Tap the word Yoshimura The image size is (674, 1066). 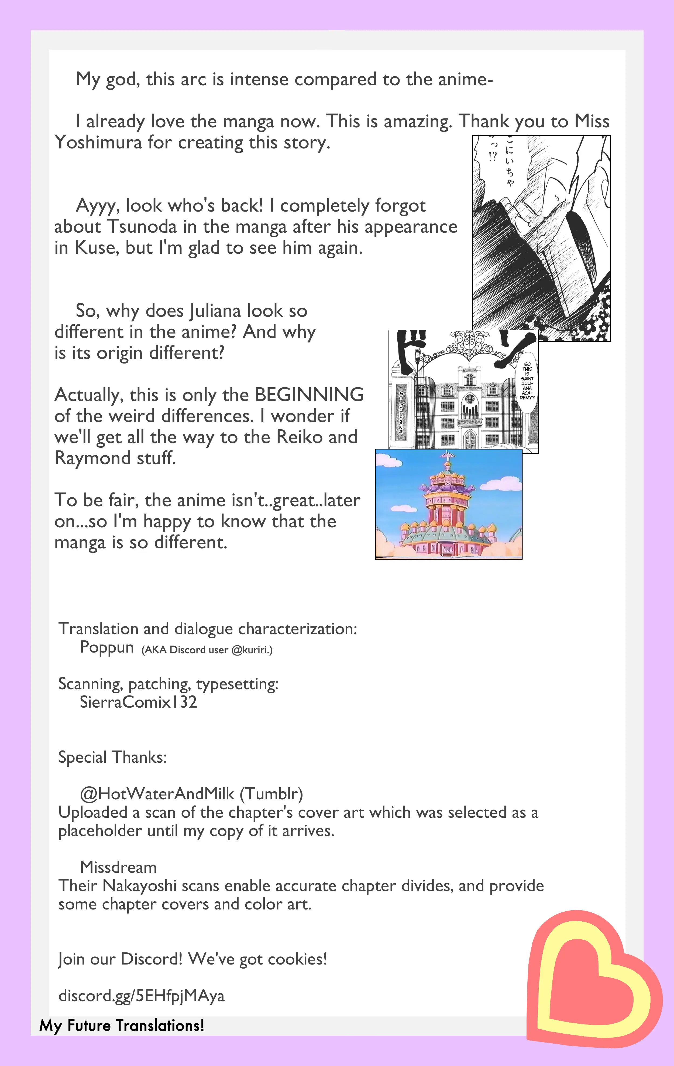tap(98, 142)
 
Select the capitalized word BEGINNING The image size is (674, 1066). tap(309, 395)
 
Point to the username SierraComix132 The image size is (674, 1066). tap(138, 702)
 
